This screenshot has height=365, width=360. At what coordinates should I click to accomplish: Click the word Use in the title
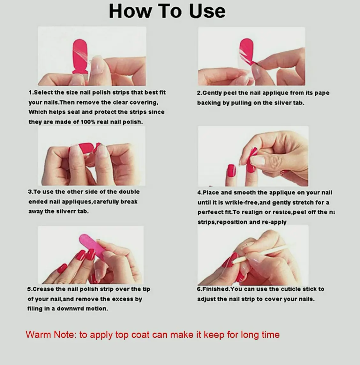(207, 11)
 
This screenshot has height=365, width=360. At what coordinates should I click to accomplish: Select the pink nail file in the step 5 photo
(92, 245)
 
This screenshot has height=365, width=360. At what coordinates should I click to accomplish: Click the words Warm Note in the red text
(51, 334)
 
